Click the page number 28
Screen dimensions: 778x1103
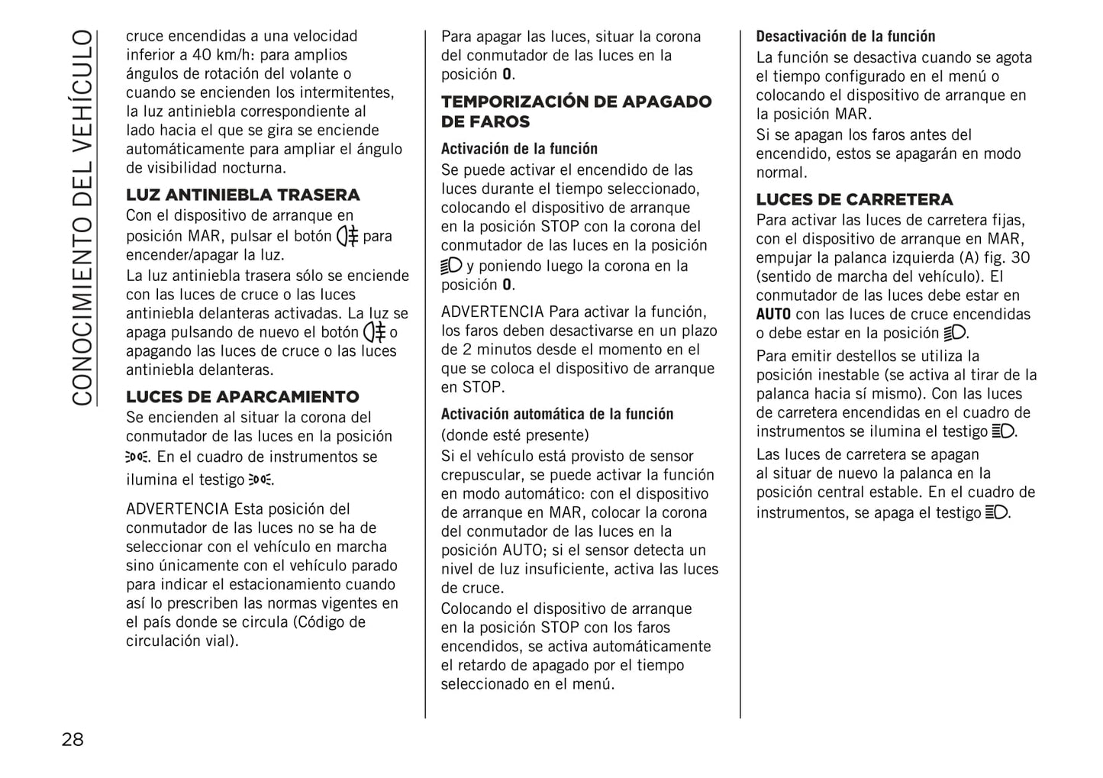click(x=73, y=739)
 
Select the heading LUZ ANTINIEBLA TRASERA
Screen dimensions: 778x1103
click(x=243, y=195)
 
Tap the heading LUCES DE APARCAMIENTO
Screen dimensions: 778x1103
click(x=242, y=397)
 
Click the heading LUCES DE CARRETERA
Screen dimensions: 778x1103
click(x=854, y=200)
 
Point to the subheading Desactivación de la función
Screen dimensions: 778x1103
click(x=845, y=37)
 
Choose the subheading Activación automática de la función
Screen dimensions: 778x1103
click(x=557, y=415)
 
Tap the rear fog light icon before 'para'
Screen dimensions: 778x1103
click(x=347, y=236)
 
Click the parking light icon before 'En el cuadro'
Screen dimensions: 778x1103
click(x=138, y=457)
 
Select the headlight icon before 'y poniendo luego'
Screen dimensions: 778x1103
click(x=452, y=266)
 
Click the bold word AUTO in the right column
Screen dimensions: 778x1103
click(x=773, y=315)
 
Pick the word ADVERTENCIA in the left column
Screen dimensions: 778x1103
click(x=177, y=509)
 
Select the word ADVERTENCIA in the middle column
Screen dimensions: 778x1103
click(x=492, y=312)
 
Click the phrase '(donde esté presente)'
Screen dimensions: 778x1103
click(x=515, y=436)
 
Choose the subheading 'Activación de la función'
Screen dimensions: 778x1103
click(x=519, y=150)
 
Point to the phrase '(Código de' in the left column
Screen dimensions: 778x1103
click(x=329, y=622)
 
